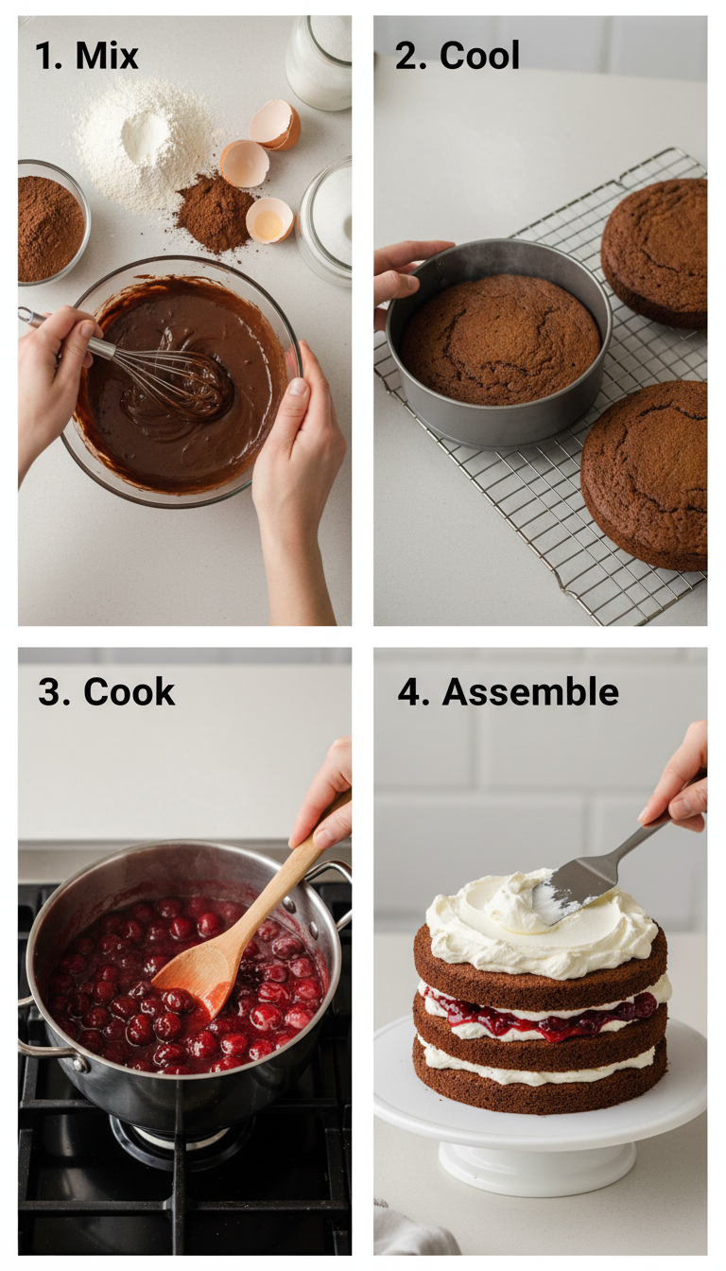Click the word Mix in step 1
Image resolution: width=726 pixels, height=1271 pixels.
pos(107,56)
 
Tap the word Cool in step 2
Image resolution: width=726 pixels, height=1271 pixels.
pos(479,56)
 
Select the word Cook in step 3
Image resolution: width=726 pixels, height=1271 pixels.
pos(129,692)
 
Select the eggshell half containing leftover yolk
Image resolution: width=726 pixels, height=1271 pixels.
pos(269,220)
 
